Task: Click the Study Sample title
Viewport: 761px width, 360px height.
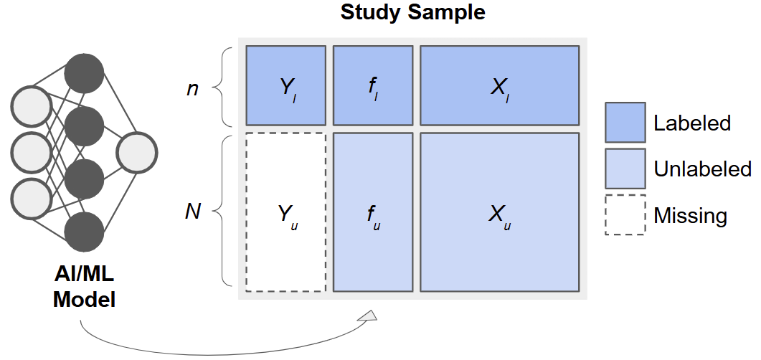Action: (x=412, y=12)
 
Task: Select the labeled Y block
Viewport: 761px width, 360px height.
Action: (x=285, y=85)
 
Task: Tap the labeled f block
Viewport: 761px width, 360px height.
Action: (x=373, y=85)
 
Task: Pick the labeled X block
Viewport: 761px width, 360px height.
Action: (x=499, y=85)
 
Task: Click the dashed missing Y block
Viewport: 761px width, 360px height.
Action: (x=285, y=212)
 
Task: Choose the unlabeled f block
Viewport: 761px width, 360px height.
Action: (x=373, y=212)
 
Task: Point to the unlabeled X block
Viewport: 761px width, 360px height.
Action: (x=499, y=212)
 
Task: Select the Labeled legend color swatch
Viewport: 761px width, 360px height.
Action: (x=625, y=123)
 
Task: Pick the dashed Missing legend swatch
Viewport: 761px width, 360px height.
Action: (x=625, y=214)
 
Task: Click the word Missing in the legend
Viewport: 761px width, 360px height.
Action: (x=690, y=215)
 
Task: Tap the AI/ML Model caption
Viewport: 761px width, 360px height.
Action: (x=84, y=288)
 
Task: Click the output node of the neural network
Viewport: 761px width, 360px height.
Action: (x=137, y=153)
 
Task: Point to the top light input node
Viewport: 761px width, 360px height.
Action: (x=32, y=107)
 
